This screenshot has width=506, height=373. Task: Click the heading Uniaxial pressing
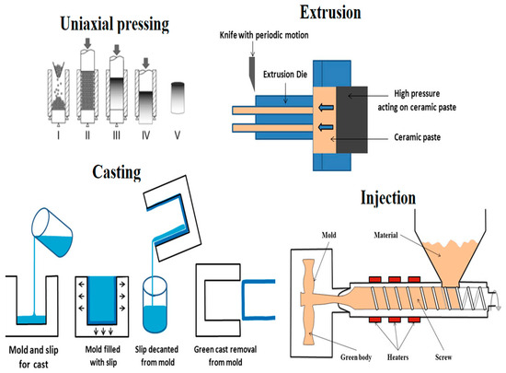115,24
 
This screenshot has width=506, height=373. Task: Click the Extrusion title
330,12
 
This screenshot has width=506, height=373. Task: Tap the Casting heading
117,172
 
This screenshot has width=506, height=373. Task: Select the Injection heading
388,198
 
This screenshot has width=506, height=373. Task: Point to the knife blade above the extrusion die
252,74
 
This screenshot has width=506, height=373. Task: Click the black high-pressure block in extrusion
351,120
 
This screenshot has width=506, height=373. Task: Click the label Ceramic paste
418,137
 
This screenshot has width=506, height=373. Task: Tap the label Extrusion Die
285,75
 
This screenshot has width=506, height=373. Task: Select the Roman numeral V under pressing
178,134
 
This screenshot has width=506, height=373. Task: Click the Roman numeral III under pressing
117,134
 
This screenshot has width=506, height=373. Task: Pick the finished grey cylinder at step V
178,98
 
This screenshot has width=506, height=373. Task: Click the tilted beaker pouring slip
52,232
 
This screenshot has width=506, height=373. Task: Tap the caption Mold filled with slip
103,356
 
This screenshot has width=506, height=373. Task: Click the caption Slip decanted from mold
156,356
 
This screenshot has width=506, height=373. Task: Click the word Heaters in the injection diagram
397,357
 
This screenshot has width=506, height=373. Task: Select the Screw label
443,357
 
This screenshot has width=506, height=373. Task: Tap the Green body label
356,357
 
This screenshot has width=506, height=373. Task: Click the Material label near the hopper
386,235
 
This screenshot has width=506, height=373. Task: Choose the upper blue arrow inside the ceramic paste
326,108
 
